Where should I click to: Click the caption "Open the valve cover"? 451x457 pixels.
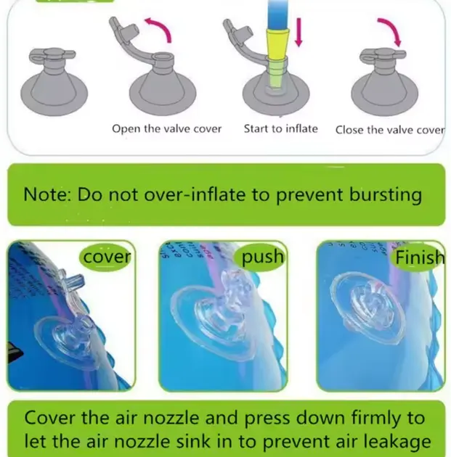click(x=166, y=129)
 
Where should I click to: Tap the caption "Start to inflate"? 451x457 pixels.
click(x=280, y=128)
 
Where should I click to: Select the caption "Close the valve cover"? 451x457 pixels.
click(x=390, y=130)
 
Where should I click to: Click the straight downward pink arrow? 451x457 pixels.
click(x=298, y=32)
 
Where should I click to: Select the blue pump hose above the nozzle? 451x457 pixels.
click(x=278, y=15)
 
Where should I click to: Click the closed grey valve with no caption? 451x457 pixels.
click(x=54, y=81)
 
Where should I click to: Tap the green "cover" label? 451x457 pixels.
click(x=106, y=257)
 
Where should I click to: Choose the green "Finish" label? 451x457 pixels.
click(x=419, y=258)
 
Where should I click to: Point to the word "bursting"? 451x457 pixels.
click(x=386, y=195)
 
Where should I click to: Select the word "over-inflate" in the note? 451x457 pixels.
click(x=195, y=194)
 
